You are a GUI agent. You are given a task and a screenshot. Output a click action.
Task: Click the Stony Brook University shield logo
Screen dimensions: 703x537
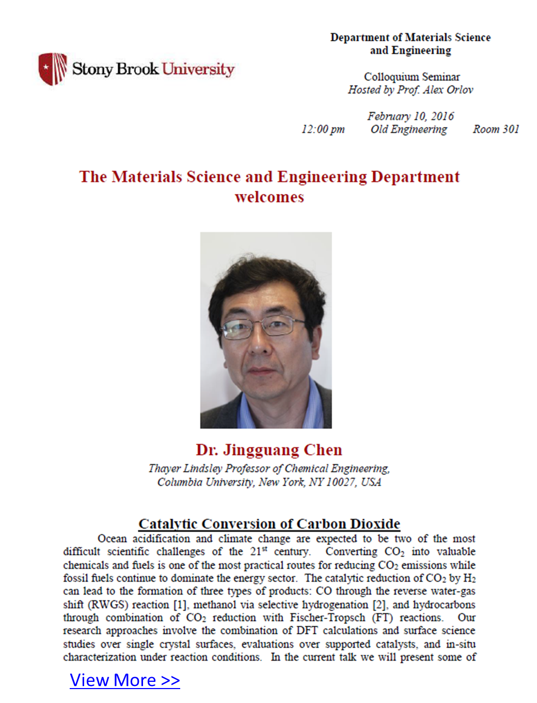(x=53, y=69)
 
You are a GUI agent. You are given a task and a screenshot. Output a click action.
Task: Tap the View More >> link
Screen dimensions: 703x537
(x=125, y=680)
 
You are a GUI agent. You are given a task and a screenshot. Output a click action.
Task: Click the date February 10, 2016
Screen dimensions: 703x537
(x=410, y=116)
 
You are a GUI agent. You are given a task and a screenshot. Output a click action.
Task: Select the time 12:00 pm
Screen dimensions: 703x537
(x=323, y=129)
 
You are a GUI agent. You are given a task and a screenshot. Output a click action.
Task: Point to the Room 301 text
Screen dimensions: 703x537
(x=496, y=129)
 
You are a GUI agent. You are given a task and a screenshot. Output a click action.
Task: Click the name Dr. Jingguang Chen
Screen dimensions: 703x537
(x=269, y=450)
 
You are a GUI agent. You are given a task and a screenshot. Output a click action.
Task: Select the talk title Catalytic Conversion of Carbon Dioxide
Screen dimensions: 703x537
(x=269, y=524)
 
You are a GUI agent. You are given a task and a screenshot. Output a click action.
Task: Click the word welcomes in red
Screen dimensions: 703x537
(x=269, y=197)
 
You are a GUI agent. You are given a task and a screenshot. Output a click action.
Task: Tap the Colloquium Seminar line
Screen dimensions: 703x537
(x=412, y=77)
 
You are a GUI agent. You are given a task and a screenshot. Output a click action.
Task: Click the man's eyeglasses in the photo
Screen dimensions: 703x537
(x=263, y=326)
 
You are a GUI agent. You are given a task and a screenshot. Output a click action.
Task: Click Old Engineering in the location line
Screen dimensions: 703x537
(x=409, y=129)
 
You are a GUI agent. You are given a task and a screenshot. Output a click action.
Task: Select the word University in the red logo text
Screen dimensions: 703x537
(x=198, y=69)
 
